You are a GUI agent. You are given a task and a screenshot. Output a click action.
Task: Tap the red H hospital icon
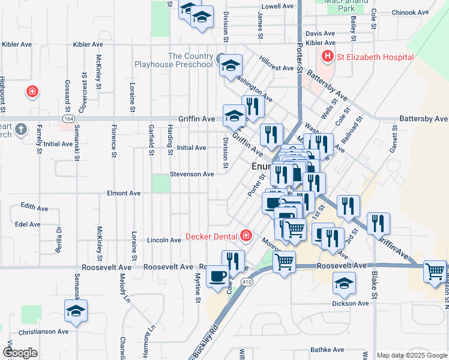[x=328, y=57]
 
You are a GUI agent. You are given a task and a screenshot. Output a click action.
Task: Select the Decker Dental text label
[x=212, y=236]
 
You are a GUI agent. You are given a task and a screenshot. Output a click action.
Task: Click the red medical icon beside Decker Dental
[x=245, y=235]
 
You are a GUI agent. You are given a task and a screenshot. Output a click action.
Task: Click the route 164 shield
[x=67, y=119]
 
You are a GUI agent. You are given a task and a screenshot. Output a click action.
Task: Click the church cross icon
[x=21, y=129]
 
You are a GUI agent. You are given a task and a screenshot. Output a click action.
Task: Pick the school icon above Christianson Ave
[x=76, y=311]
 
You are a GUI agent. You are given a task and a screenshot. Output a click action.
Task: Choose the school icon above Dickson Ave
[x=344, y=283]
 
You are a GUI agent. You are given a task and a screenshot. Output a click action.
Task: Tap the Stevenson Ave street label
[x=191, y=174]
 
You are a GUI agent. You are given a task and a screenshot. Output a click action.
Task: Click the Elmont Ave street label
[x=124, y=193]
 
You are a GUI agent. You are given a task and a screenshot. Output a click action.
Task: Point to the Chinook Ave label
[x=410, y=12]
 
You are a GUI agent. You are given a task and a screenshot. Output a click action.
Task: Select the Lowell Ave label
[x=277, y=6]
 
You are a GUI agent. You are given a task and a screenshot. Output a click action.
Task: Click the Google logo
[x=19, y=353]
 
